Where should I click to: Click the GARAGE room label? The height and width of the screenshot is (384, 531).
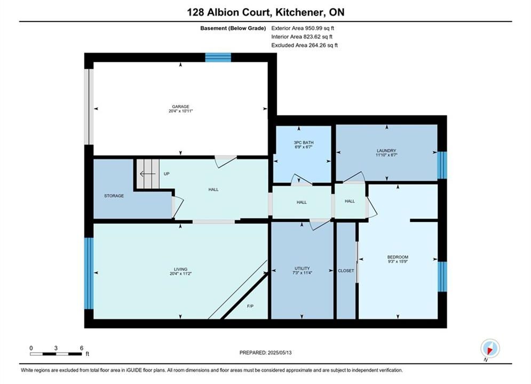coord(180,107)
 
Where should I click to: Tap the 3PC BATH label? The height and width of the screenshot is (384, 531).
coord(304,143)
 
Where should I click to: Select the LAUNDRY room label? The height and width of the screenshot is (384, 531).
coord(386,150)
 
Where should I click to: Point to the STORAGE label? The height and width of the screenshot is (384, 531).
coord(114,196)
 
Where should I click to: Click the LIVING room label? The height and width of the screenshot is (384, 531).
coord(180,269)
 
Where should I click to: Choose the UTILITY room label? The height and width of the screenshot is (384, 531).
coord(302,268)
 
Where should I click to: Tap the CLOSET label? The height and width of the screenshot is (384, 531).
coord(346,270)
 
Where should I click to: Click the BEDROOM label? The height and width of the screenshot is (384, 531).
coord(398,257)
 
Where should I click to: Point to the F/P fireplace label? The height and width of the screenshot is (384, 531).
coord(250,306)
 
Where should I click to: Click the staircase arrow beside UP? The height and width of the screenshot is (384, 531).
coord(148,174)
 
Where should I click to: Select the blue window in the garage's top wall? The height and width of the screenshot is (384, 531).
coord(218,58)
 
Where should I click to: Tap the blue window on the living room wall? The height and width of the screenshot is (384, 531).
coord(89,274)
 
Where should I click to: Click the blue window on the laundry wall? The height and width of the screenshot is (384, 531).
coord(442,165)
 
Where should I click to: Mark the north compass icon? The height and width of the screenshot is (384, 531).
coord(490,348)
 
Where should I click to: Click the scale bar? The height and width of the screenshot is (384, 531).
coord(56,354)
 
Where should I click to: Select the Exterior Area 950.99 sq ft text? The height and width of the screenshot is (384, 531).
coord(303,28)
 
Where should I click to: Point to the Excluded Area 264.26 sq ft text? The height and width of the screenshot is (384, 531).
coord(304,45)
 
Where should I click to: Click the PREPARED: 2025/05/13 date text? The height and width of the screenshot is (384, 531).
coord(266,353)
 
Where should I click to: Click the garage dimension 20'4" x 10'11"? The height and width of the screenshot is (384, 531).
coord(180,111)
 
